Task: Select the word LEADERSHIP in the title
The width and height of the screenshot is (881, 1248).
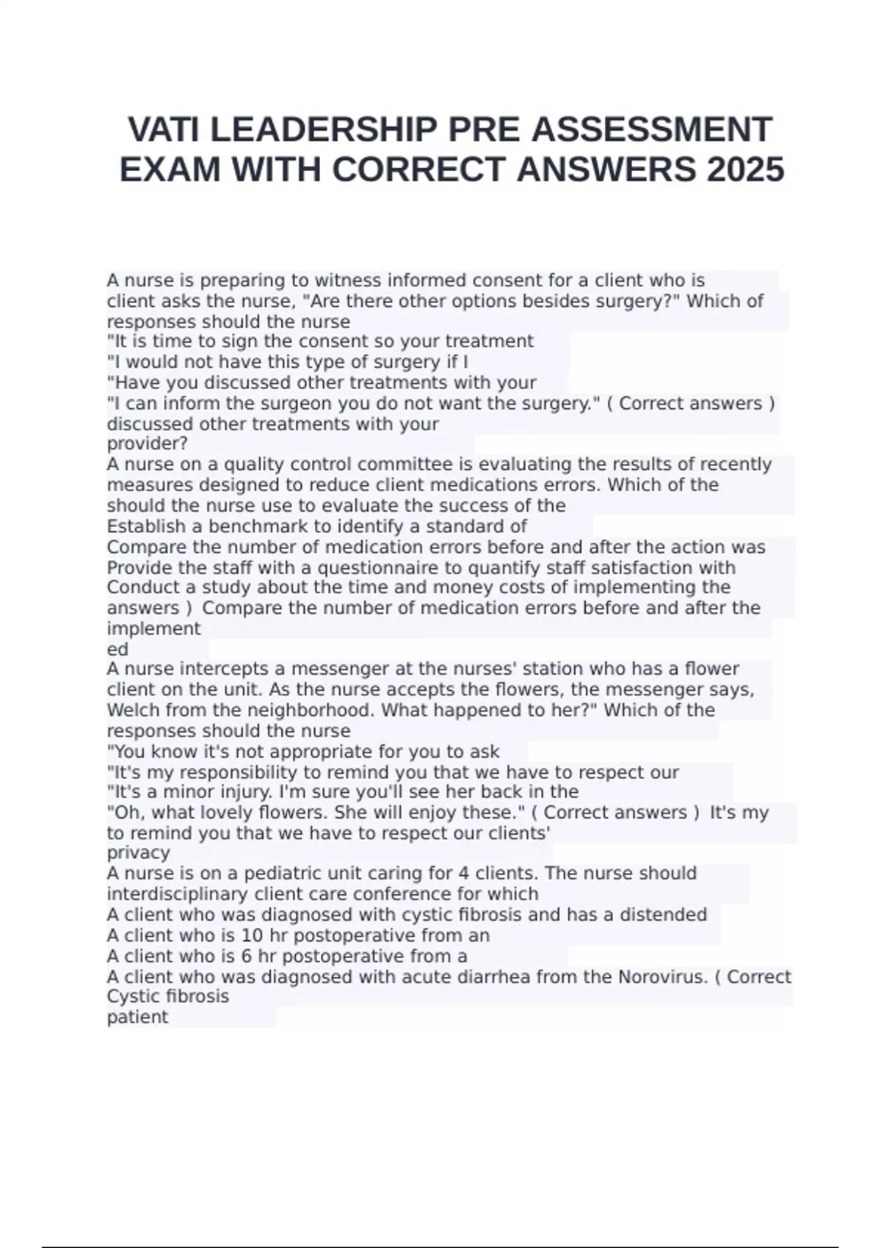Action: (x=324, y=130)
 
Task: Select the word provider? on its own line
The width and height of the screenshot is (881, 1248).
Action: (x=148, y=444)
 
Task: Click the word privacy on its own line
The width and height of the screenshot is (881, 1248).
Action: (x=138, y=853)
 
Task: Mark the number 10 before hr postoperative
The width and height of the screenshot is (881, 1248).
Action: (x=252, y=935)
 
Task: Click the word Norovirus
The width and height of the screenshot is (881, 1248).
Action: (x=661, y=976)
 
